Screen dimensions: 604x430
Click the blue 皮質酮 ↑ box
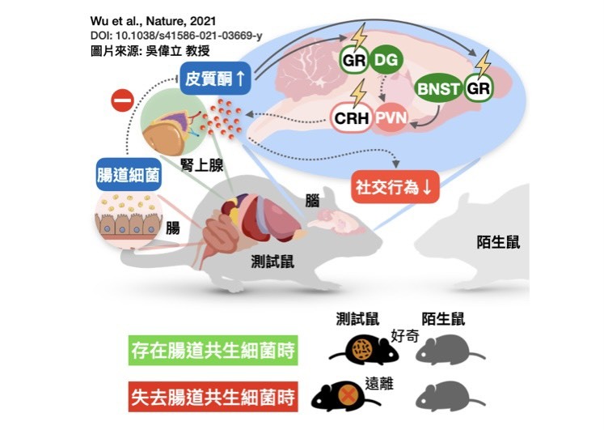point(215,79)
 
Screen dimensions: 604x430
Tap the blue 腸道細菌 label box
point(129,175)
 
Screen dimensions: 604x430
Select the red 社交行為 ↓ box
point(395,187)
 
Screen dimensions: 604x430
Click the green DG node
point(386,60)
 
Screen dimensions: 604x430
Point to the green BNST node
point(438,88)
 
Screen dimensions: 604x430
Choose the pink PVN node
point(391,117)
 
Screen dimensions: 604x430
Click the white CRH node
point(351,118)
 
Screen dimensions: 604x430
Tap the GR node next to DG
point(353,60)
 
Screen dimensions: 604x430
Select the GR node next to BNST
point(478,88)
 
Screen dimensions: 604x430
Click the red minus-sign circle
point(122,101)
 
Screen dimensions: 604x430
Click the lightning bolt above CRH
point(359,93)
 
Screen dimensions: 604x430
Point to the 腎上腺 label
point(202,166)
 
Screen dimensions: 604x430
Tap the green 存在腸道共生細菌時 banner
point(213,350)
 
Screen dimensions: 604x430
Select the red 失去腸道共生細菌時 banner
point(213,398)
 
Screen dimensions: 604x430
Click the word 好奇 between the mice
point(405,336)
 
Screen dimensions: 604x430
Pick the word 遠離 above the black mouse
point(379,384)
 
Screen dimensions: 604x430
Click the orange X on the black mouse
point(348,395)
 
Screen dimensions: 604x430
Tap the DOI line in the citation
point(176,36)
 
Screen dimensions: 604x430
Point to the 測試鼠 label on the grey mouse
point(272,262)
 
